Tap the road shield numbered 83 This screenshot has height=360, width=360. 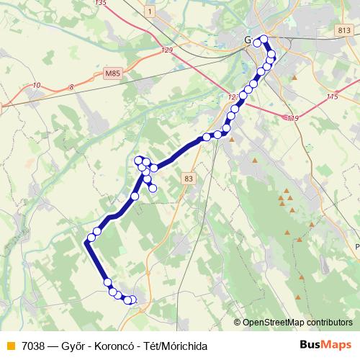click(189, 178)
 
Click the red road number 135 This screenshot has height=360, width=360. click(100, 4)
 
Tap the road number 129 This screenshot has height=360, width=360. click(168, 50)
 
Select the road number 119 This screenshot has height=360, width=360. click(292, 118)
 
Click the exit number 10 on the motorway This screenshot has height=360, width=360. click(36, 86)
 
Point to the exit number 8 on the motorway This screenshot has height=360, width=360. click(71, 87)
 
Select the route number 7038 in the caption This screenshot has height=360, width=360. click(35, 346)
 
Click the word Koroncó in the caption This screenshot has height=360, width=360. click(114, 346)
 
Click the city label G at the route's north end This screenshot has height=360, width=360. click(248, 40)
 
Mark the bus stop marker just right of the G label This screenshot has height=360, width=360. click(257, 43)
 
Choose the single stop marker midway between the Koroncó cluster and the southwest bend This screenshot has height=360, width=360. click(135, 197)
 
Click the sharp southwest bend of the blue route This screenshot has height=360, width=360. click(87, 243)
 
